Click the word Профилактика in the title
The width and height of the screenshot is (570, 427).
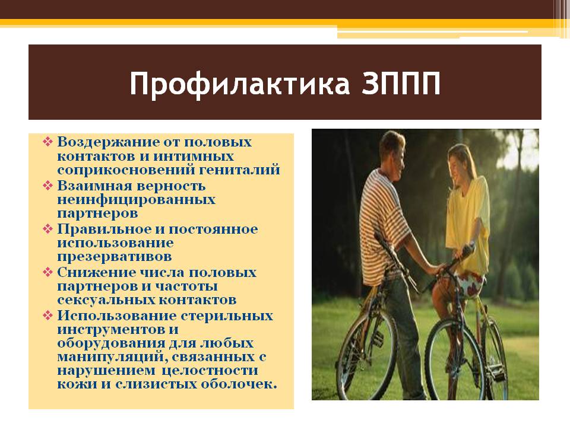(239, 84)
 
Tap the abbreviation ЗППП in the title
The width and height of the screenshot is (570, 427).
(401, 84)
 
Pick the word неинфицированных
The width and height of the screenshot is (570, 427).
(137, 199)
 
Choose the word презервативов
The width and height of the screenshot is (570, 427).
(115, 257)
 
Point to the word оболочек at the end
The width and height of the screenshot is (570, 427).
(239, 384)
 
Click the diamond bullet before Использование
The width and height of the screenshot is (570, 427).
(47, 315)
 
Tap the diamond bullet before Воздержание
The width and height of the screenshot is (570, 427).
(47, 141)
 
